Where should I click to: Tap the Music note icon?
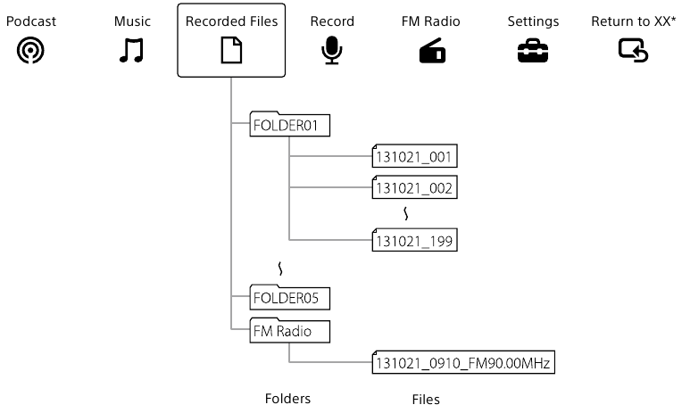(132, 53)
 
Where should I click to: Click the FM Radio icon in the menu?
(432, 54)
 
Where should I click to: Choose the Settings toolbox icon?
(533, 54)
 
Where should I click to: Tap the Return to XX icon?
(633, 53)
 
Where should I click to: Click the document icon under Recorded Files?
(231, 54)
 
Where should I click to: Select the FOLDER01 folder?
(289, 126)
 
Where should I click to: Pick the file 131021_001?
(415, 158)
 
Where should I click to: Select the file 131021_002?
(415, 188)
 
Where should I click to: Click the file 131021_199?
(415, 240)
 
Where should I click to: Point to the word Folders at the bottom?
(287, 399)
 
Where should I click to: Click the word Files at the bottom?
(425, 400)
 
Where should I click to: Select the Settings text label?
(533, 21)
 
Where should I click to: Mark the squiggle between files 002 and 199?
(408, 214)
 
